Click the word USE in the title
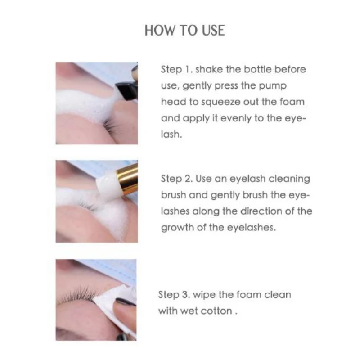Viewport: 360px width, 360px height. point(213,30)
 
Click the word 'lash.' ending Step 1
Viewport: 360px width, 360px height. point(171,134)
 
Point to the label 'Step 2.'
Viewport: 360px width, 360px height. point(177,179)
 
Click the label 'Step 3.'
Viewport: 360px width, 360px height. point(174,295)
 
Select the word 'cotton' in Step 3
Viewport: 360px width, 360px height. point(216,311)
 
